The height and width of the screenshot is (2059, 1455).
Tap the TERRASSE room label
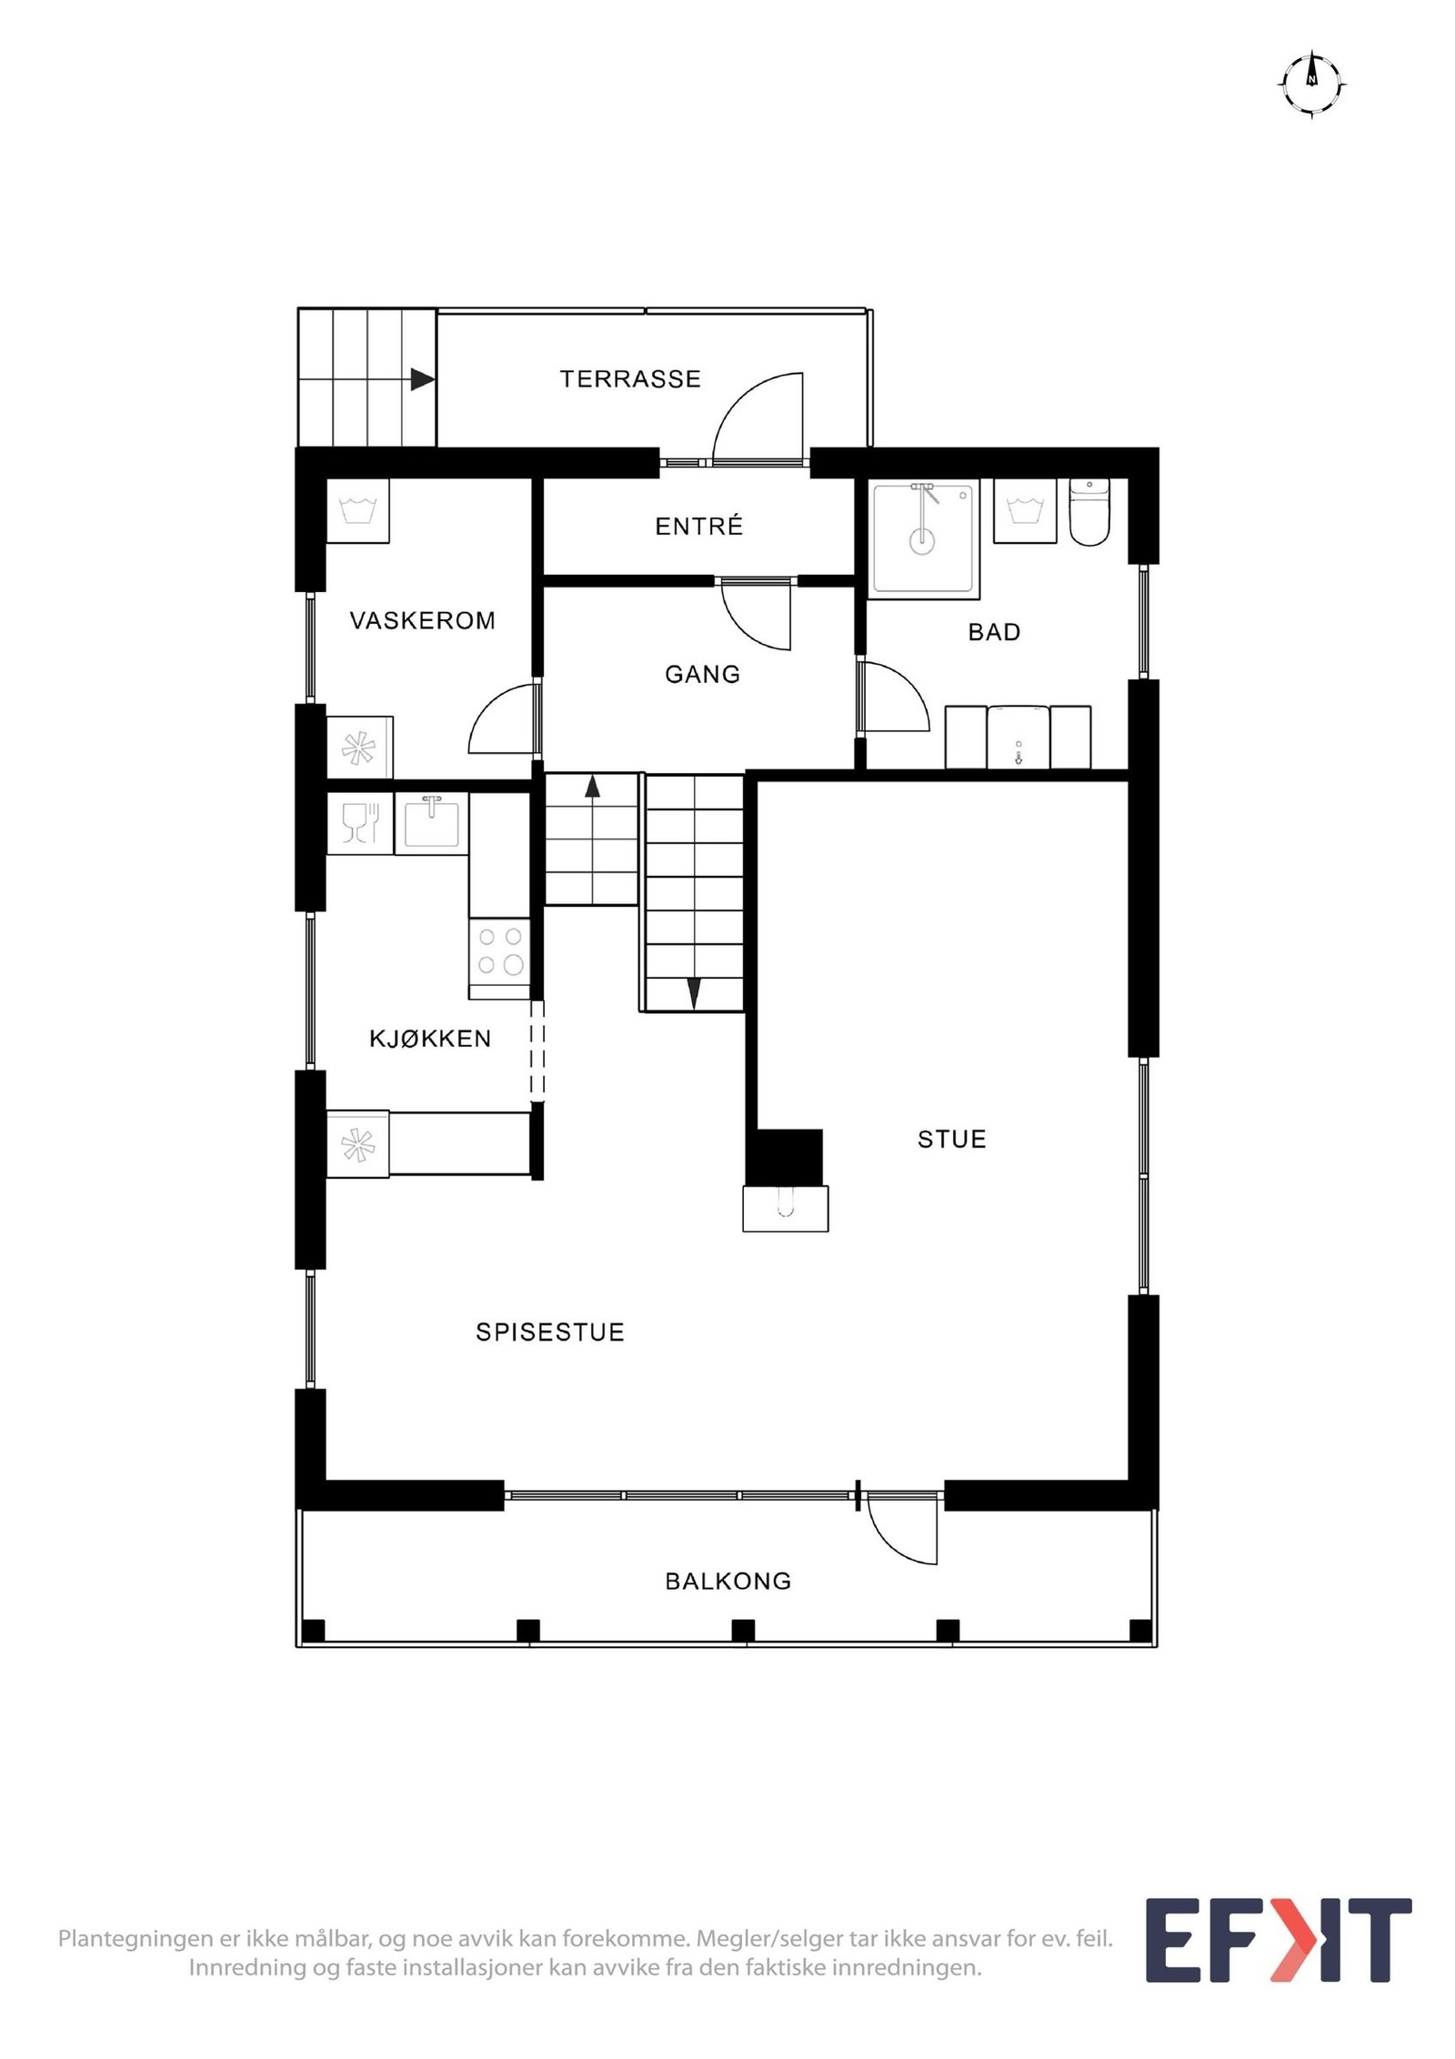click(630, 379)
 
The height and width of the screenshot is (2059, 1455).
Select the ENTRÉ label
click(698, 526)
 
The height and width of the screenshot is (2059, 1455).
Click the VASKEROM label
click(423, 620)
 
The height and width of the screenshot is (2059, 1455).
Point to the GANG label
click(702, 674)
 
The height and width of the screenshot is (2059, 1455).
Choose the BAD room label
click(994, 632)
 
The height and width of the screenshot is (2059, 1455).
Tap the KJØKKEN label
click(430, 1038)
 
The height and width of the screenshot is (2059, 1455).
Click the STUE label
click(951, 1139)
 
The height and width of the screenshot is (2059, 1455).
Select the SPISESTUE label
click(550, 1332)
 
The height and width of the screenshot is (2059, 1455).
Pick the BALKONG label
click(728, 1581)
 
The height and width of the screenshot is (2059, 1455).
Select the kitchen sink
click(431, 822)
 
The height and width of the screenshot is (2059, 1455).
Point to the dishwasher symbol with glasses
click(360, 822)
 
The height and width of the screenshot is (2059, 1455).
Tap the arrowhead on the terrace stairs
click(421, 379)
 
